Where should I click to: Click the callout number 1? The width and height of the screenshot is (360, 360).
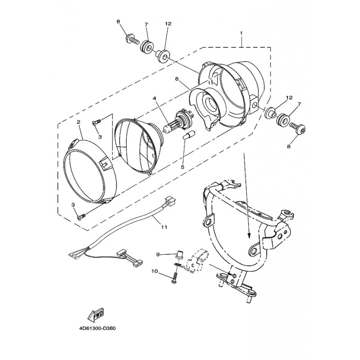(241, 33)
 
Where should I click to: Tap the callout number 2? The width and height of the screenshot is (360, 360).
(78, 122)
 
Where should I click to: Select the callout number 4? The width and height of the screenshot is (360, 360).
(154, 98)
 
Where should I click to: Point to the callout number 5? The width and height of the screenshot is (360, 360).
(183, 167)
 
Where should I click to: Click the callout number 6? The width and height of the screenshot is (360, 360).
(176, 79)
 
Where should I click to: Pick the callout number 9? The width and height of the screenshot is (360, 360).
(158, 254)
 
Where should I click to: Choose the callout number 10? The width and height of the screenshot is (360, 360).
(154, 271)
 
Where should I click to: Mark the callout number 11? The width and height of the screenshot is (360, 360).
(164, 227)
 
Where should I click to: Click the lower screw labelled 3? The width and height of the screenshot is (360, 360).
(81, 216)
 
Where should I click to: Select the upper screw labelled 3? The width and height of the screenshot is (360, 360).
(97, 122)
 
